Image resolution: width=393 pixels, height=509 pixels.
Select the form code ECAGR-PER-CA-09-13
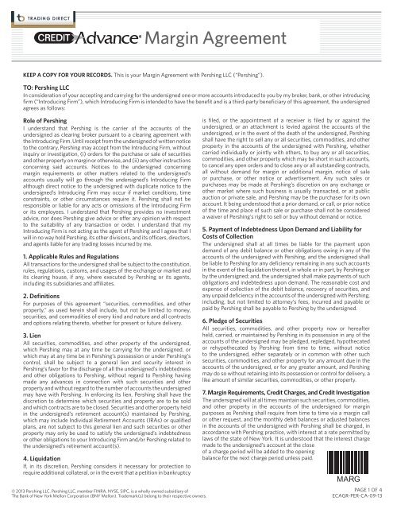click(356, 503)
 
